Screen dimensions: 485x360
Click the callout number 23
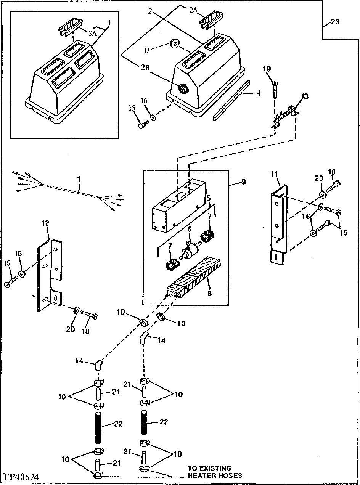pyautogui.click(x=334, y=22)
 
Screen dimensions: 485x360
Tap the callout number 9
pyautogui.click(x=244, y=182)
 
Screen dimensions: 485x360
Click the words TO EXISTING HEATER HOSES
pyautogui.click(x=214, y=472)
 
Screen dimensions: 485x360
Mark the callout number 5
pyautogui.click(x=208, y=198)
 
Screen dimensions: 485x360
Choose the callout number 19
pyautogui.click(x=266, y=69)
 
